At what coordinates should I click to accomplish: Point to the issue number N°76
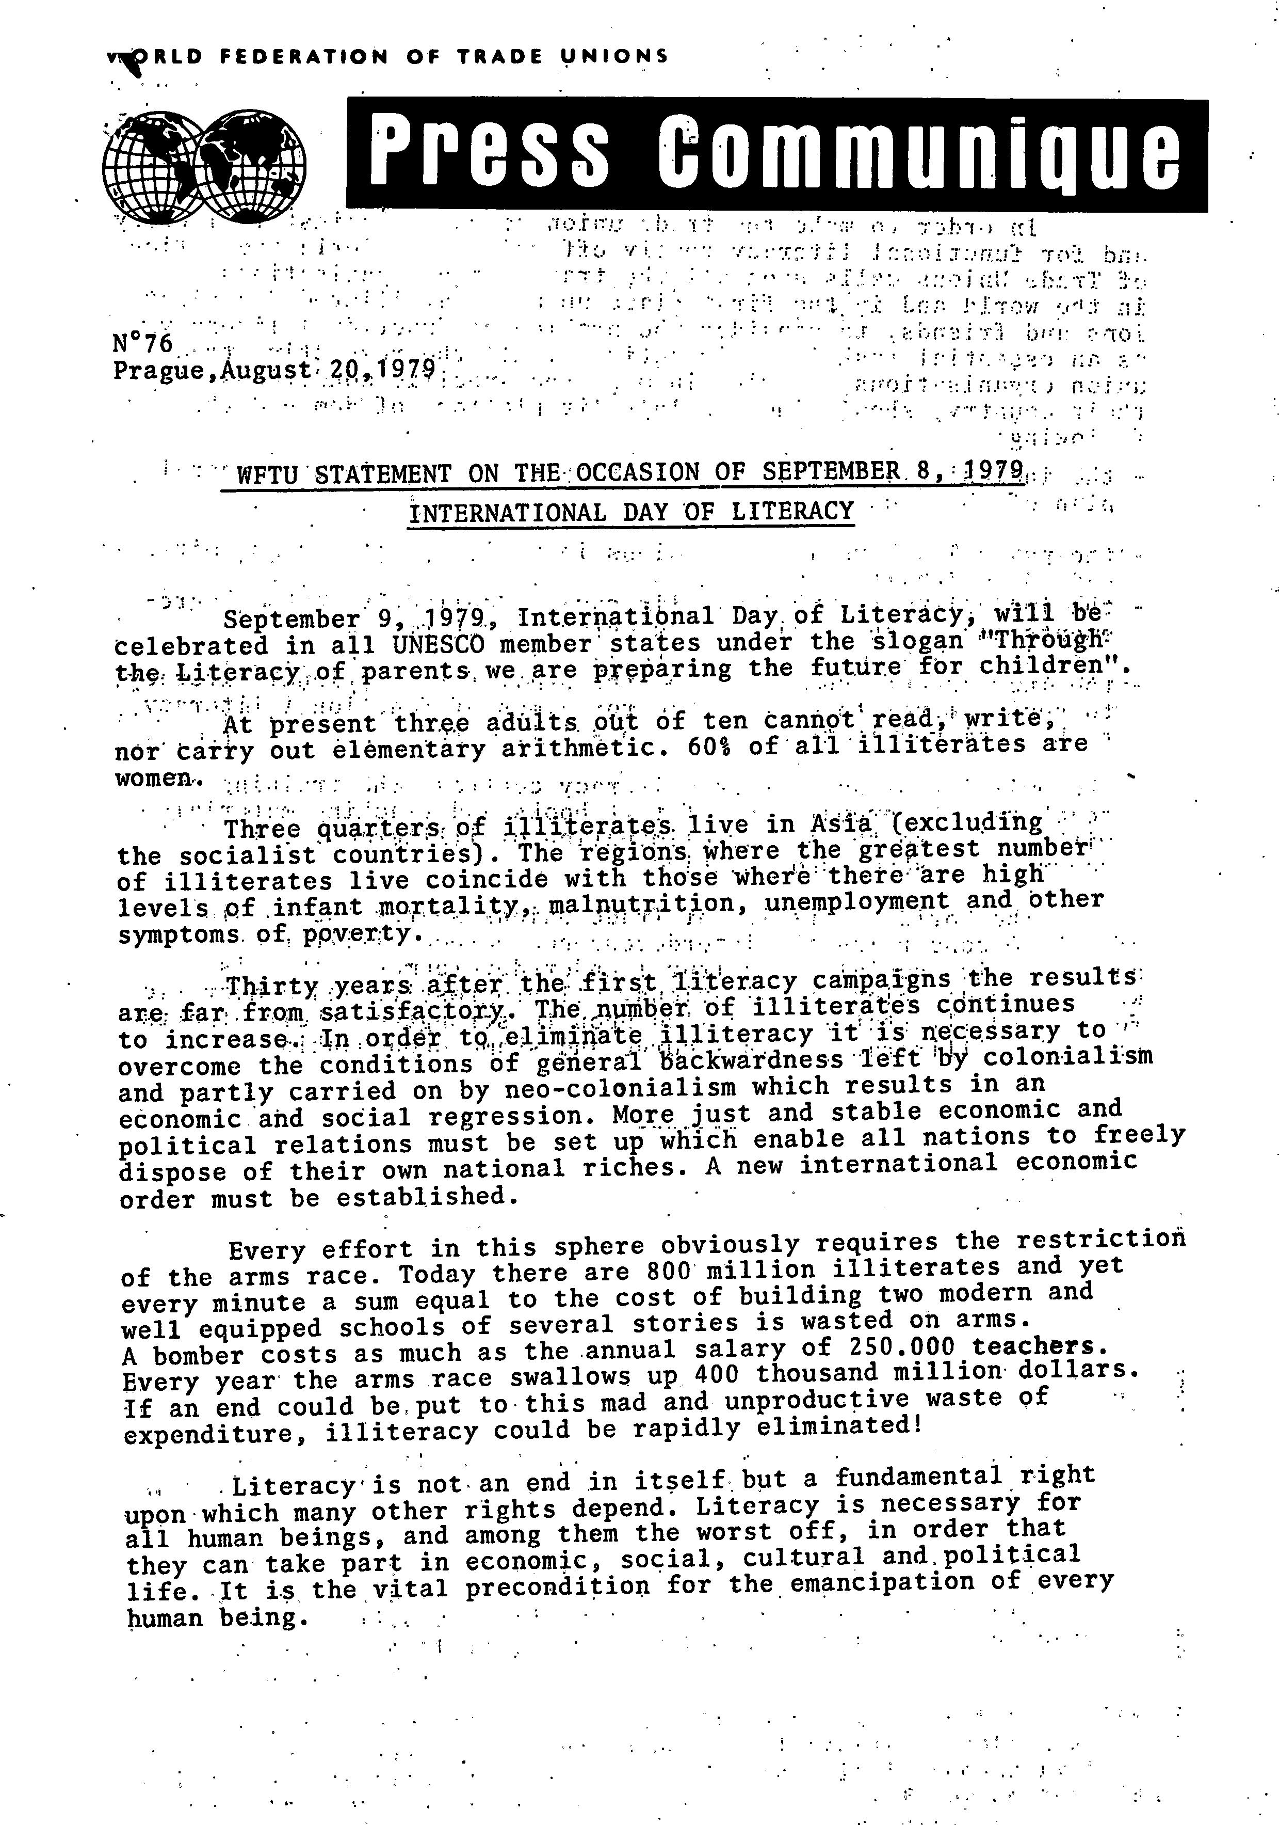tap(143, 343)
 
